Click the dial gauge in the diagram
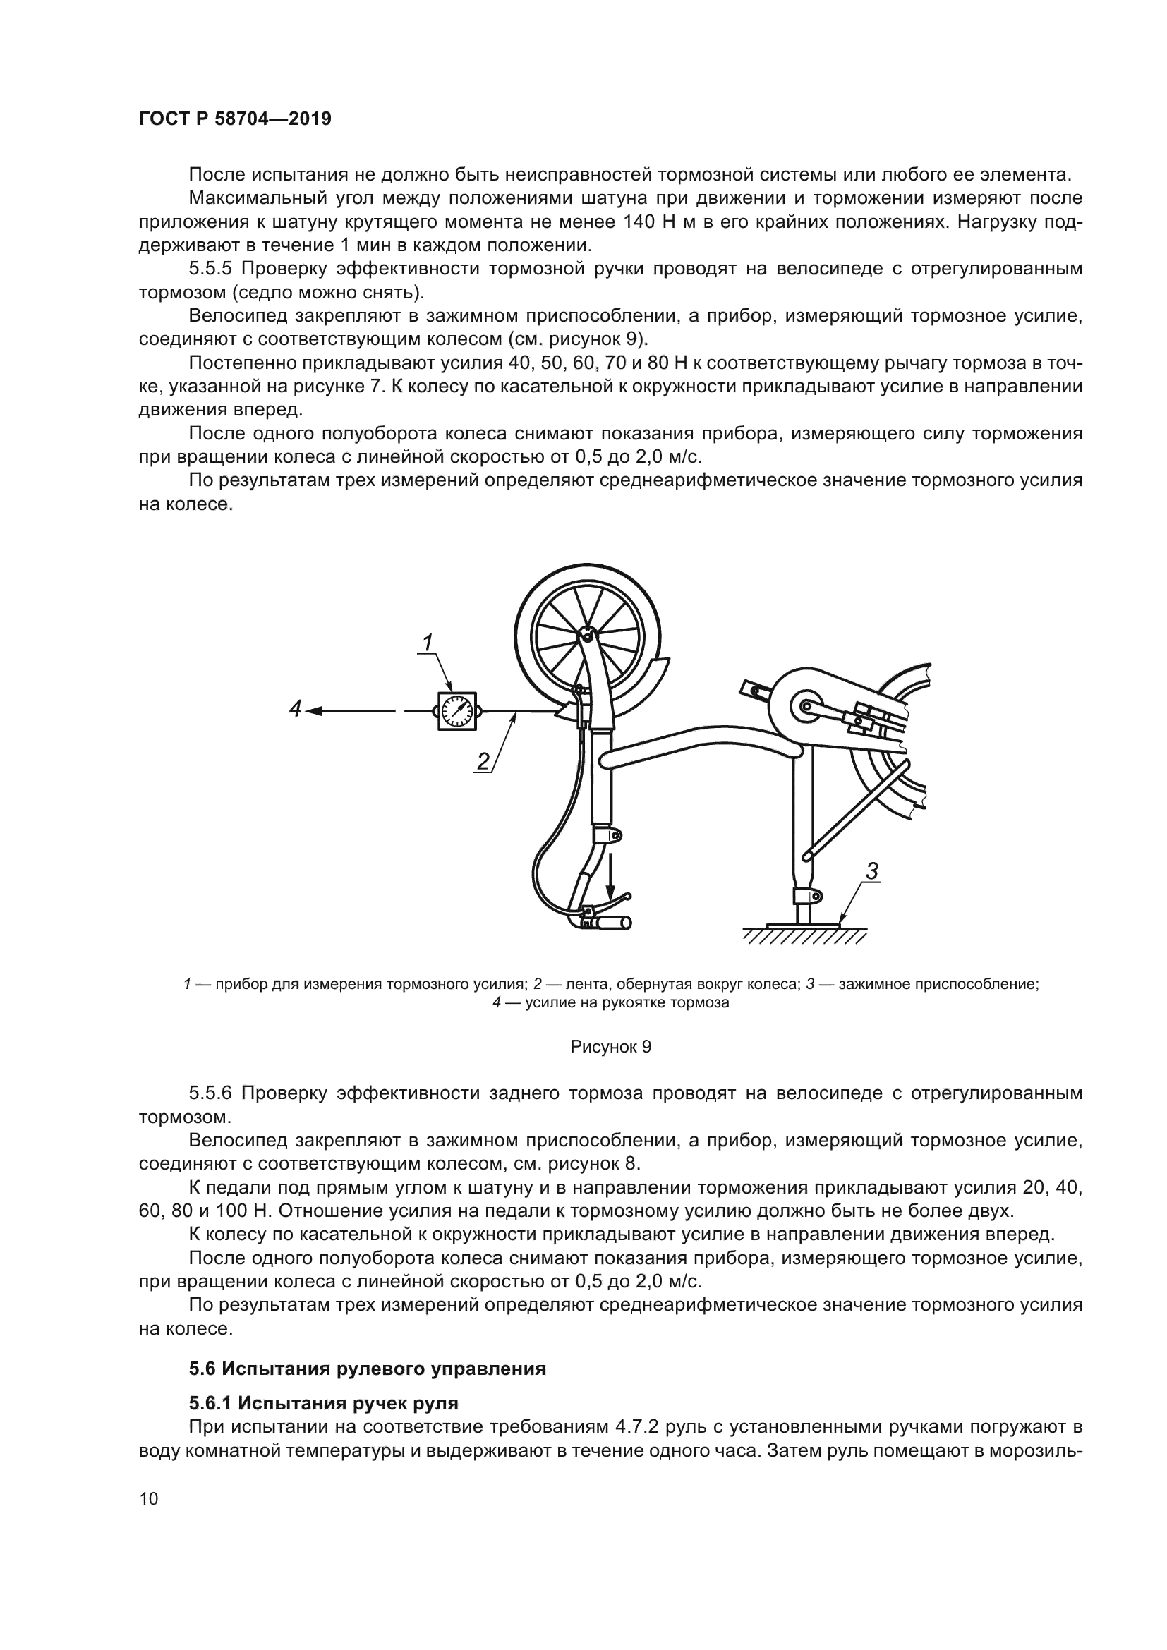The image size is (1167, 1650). (x=457, y=711)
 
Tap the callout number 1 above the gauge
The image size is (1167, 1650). (x=427, y=643)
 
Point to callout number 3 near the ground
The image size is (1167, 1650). (x=871, y=872)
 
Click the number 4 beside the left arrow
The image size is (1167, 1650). (x=296, y=709)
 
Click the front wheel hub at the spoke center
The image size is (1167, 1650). (x=587, y=636)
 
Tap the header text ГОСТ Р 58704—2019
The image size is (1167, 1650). (x=235, y=119)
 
